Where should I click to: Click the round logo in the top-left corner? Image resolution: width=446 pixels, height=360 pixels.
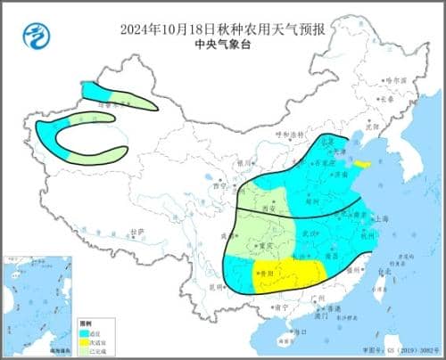[33, 37]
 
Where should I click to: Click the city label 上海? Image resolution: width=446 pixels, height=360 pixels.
[383, 217]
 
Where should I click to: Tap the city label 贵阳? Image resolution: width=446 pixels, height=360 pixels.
[266, 274]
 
